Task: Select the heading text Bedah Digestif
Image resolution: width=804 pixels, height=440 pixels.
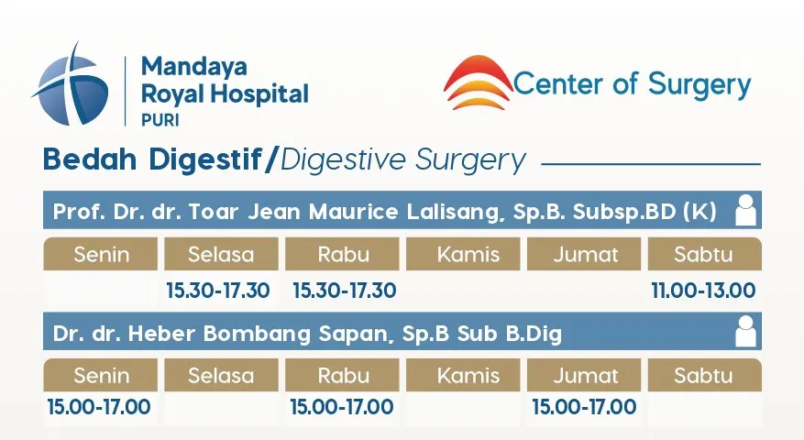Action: pos(151,159)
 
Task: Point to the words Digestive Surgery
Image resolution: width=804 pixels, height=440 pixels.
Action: pos(403,160)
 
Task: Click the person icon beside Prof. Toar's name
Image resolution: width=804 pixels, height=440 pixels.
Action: pos(746,211)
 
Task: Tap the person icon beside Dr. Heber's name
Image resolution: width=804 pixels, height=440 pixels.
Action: pos(746,332)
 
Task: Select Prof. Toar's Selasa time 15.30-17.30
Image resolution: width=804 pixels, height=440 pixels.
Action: pos(217,291)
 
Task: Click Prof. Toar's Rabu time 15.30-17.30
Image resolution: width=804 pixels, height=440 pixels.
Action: pos(344,291)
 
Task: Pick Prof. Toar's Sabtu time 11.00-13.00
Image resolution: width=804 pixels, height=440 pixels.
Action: pos(703,291)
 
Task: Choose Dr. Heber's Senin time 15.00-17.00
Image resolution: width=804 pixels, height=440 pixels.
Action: pos(99,406)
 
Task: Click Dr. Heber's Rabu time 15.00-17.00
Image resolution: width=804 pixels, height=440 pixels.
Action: pos(342,406)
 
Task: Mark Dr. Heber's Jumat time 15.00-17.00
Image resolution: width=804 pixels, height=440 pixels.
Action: pos(584,406)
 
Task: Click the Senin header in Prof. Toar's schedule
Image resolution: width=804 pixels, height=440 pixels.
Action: pos(101,254)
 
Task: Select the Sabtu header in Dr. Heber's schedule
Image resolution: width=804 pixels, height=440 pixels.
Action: pos(703,375)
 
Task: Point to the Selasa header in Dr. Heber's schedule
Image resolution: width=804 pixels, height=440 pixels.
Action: pos(221,375)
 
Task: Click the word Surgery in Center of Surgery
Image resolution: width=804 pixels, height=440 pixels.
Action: pos(699,86)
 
